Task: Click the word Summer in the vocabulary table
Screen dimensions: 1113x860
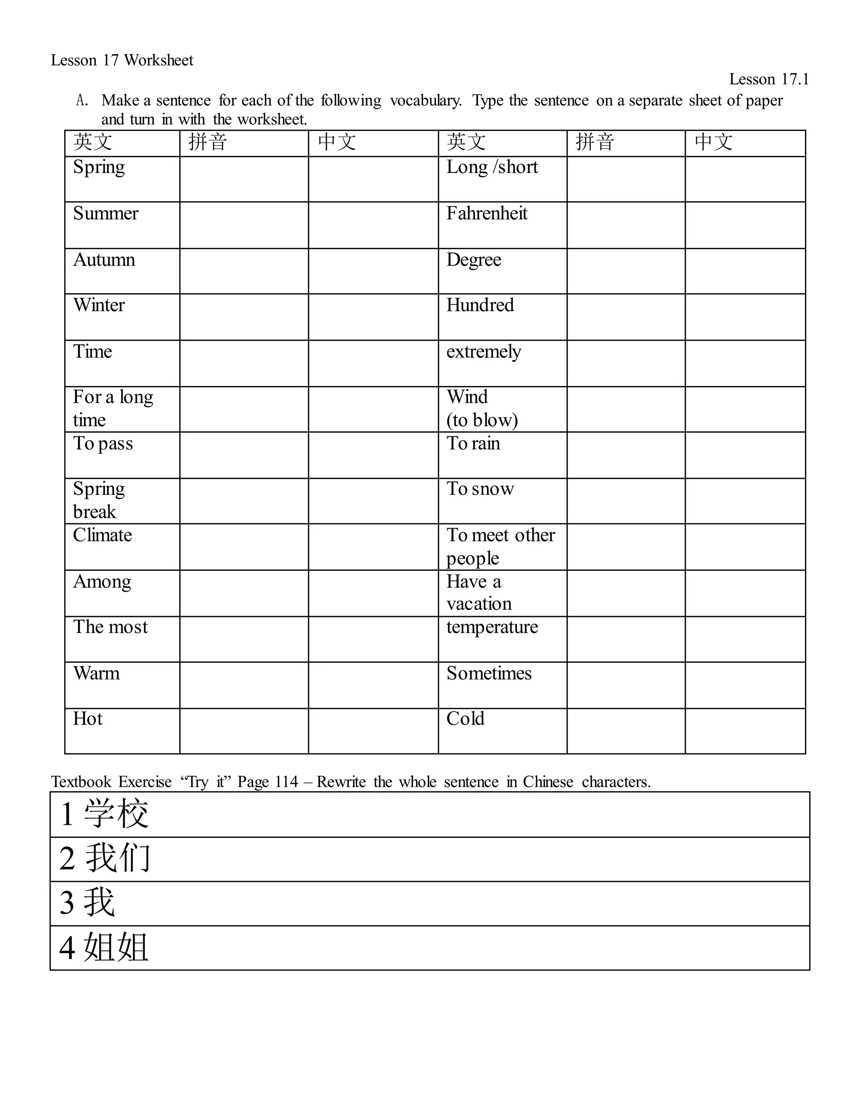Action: coord(105,213)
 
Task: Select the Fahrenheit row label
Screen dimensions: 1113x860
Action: coord(487,213)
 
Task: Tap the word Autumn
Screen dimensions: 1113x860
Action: coord(104,260)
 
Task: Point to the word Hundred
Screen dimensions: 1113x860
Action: coord(480,305)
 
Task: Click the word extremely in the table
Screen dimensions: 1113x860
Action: coord(483,352)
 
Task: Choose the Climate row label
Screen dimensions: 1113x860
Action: coord(102,535)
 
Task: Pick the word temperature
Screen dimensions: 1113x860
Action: coord(492,627)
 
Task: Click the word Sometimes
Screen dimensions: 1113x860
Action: coord(489,673)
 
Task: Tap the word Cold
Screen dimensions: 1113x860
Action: coord(465,719)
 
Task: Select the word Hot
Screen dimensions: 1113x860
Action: coord(88,719)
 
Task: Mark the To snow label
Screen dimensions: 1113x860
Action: coord(480,489)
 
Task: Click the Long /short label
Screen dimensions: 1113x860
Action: coord(492,167)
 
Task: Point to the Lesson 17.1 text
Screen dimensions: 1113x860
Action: coord(769,79)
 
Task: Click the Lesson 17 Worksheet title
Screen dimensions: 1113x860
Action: coord(122,60)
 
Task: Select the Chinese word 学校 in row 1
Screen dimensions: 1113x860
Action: coord(116,814)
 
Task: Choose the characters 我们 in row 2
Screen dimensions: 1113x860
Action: coord(117,858)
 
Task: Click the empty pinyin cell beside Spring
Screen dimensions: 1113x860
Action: coord(244,179)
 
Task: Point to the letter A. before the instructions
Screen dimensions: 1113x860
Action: coord(81,100)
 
